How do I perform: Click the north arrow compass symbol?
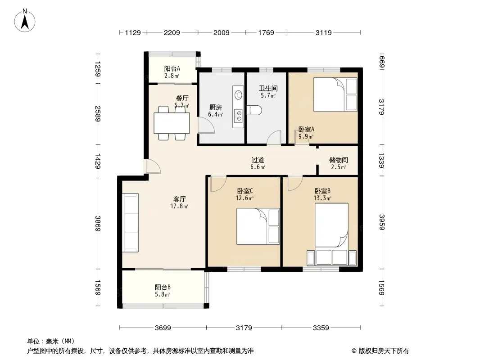[x=25, y=21]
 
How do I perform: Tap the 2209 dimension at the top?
[x=172, y=32]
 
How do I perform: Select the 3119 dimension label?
[x=324, y=32]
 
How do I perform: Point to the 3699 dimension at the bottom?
[x=163, y=328]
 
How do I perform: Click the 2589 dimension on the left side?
[x=98, y=113]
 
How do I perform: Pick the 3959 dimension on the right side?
[x=382, y=222]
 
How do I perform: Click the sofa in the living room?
[x=131, y=223]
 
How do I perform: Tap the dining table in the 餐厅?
[x=172, y=123]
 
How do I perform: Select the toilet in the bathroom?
[x=254, y=110]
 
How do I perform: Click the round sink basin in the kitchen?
[x=238, y=94]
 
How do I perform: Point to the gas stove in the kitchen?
[x=238, y=115]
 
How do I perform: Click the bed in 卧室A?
[x=335, y=94]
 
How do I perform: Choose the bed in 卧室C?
[x=258, y=226]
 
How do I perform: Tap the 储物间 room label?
[x=338, y=160]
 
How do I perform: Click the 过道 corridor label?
[x=258, y=160]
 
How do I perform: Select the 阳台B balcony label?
[x=163, y=287]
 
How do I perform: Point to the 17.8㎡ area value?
[x=179, y=206]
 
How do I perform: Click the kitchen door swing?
[x=206, y=126]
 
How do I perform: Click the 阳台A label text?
[x=172, y=68]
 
